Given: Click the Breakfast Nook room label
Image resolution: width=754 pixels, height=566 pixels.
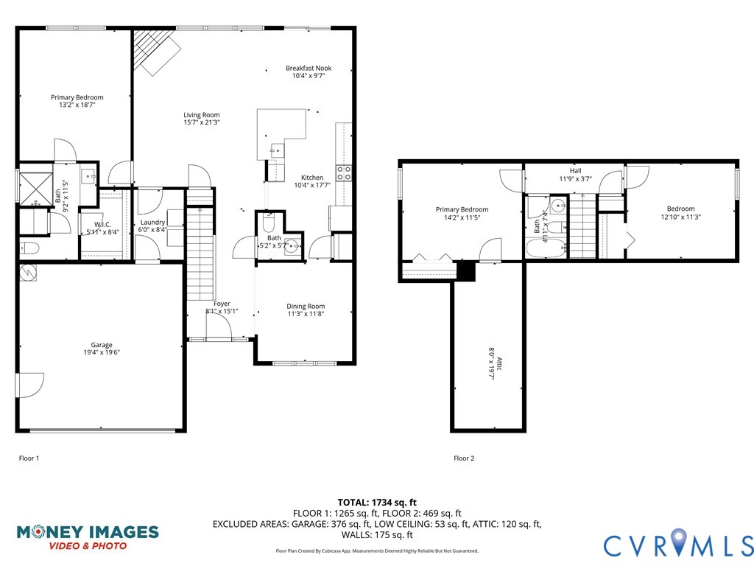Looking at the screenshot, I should (309, 68).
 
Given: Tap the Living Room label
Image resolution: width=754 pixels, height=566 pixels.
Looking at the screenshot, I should (202, 115).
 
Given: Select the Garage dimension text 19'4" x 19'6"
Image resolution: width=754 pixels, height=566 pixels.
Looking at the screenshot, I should (102, 352).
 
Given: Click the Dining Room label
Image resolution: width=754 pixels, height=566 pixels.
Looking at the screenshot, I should (306, 306).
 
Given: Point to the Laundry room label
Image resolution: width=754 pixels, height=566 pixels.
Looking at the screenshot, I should (152, 222).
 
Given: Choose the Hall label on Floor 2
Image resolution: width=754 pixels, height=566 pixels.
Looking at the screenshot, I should (575, 170).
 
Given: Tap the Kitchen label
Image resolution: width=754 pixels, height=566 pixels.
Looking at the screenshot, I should (312, 178).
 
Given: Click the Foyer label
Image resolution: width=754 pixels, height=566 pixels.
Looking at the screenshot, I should (222, 304).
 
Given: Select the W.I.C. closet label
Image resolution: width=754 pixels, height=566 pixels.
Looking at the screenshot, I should (102, 225).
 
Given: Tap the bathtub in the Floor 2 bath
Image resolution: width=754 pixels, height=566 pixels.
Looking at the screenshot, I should (546, 248).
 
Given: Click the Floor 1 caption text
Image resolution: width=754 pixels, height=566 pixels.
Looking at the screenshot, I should (29, 458).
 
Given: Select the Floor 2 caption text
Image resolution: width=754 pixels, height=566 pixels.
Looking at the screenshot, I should (464, 458).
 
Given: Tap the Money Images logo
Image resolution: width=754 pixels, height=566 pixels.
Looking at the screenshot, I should (87, 536).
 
